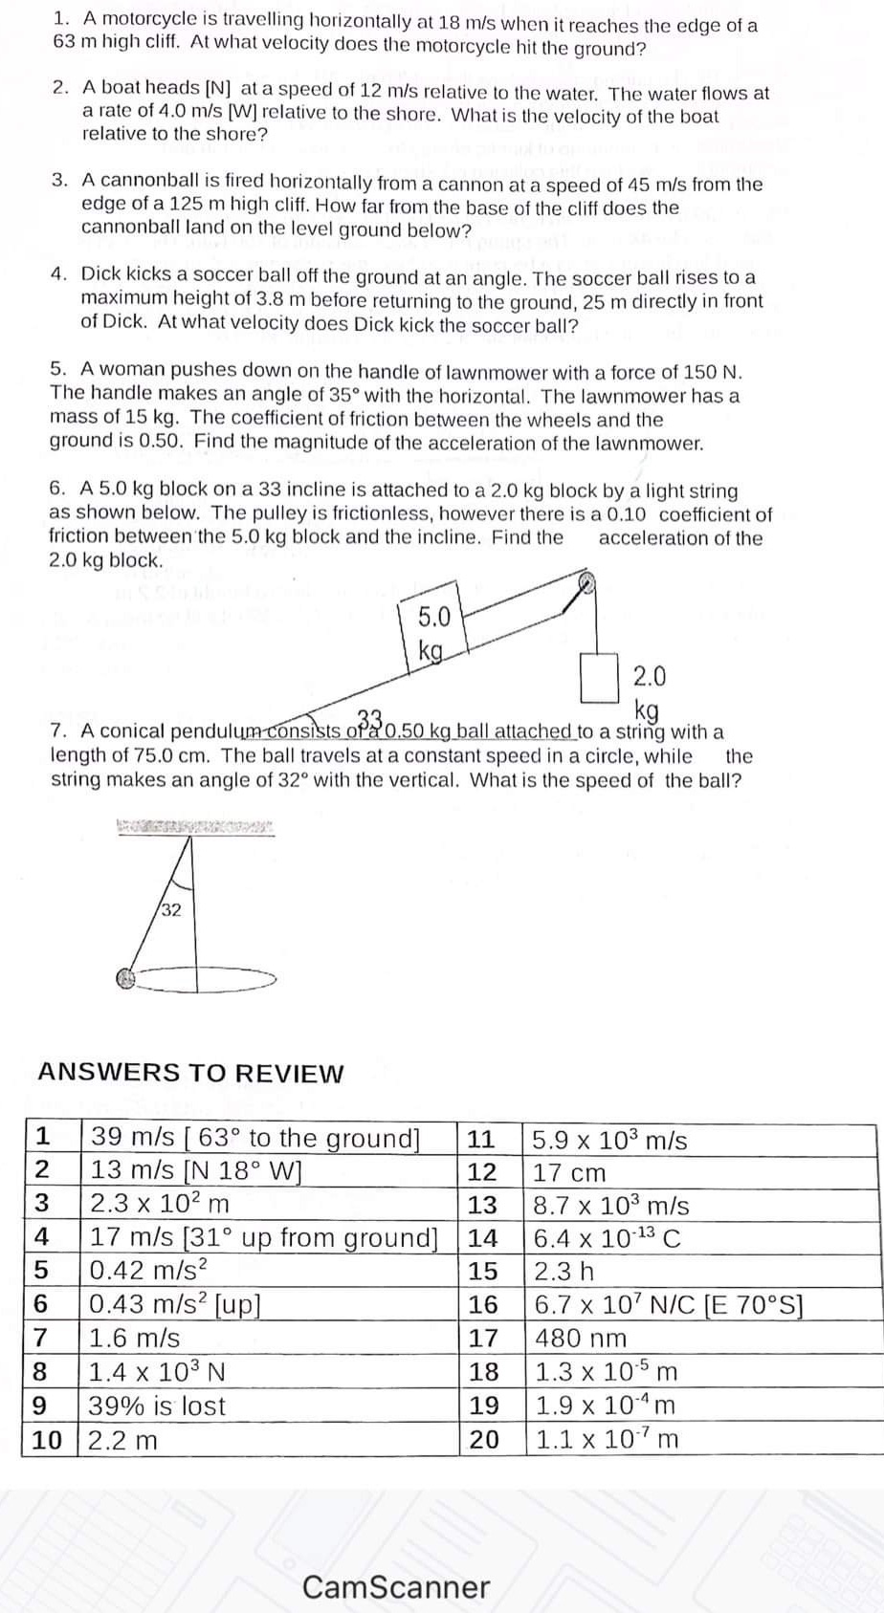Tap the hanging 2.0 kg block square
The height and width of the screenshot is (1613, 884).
pos(598,678)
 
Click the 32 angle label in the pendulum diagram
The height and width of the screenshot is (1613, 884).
pos(171,909)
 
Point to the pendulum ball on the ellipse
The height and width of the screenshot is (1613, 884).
pos(123,978)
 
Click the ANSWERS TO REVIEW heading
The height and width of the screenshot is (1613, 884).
pos(190,1073)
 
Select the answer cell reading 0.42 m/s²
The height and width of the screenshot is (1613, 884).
pos(149,1272)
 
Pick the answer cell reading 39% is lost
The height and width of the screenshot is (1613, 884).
pos(157,1406)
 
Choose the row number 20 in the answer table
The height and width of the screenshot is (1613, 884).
pos(484,1439)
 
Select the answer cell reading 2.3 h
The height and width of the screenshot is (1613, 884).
pos(564,1272)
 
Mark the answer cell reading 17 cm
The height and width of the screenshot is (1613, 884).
pos(569,1172)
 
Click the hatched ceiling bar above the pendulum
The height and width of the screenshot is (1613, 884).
pos(195,828)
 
